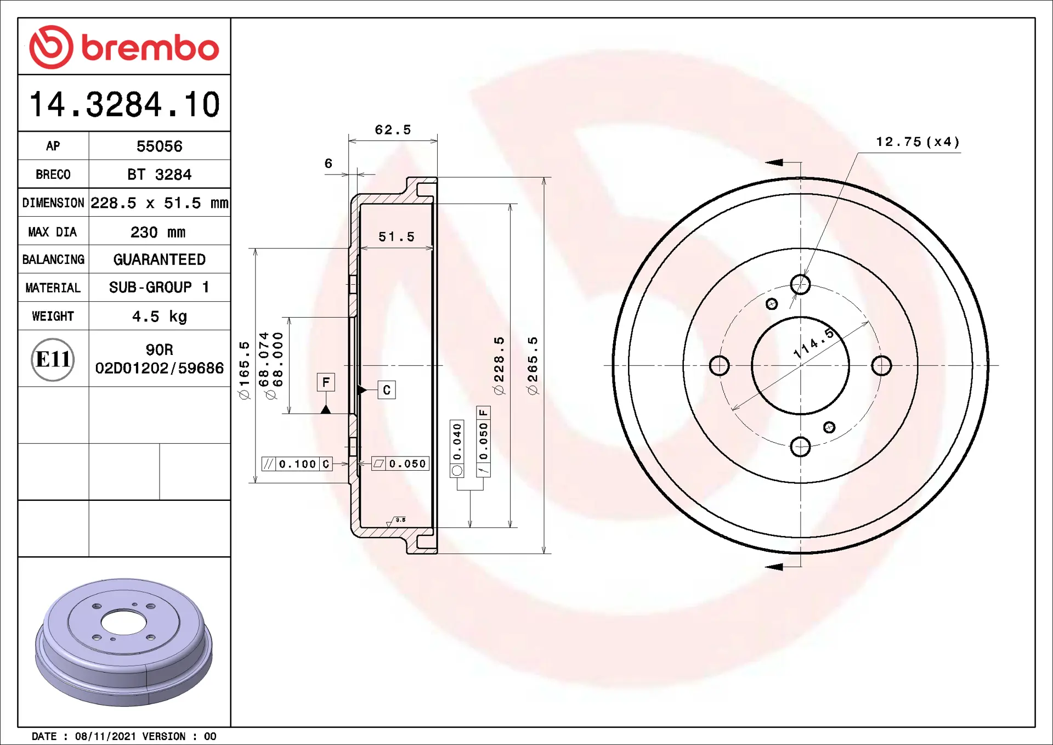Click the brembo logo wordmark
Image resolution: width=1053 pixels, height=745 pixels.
150,48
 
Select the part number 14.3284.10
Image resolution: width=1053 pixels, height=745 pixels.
124,104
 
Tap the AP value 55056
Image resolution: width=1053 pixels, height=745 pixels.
159,146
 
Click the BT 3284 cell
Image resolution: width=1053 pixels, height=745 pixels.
159,174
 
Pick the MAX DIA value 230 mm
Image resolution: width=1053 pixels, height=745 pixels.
158,232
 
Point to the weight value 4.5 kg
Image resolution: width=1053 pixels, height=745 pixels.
159,317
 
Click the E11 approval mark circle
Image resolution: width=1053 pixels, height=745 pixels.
53,359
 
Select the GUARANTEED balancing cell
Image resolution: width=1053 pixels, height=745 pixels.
159,259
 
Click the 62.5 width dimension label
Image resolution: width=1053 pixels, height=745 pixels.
393,130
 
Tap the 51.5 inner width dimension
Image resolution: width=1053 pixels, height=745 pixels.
397,237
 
